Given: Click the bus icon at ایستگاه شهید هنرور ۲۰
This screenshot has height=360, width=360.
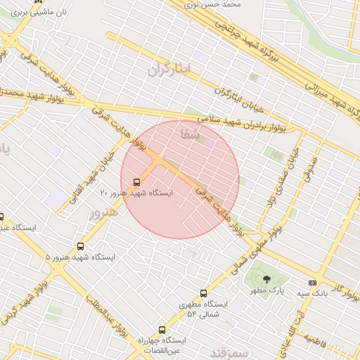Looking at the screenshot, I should point(136,181).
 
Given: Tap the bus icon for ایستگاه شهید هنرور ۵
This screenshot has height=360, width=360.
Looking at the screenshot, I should point(80,247).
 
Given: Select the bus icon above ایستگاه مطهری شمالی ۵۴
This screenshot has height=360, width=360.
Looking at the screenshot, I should point(204,293).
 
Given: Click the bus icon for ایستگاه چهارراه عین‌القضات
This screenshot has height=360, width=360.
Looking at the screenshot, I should point(162,330).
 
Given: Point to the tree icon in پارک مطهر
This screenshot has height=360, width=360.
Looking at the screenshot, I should point(266,279).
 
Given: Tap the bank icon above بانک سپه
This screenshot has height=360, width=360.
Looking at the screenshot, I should point(312,283).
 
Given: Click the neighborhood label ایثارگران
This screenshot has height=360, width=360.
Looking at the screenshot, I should point(169,69).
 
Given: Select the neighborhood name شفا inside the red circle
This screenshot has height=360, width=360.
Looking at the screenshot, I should point(190,133).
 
